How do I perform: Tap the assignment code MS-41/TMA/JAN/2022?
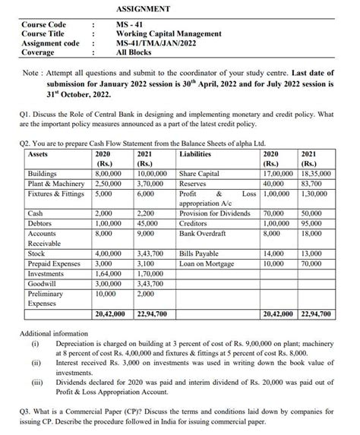coord(157,43)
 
